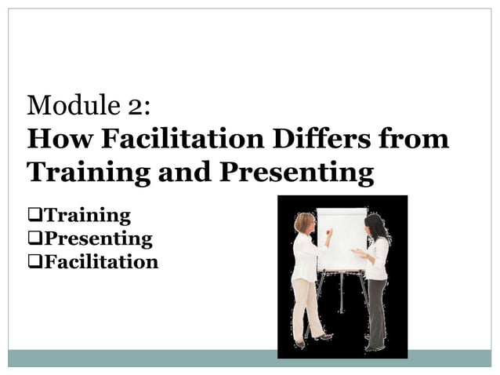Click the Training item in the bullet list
pos(86,215)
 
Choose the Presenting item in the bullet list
pos(97,238)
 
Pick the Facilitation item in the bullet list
pos(100,261)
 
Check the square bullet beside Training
pos(32,215)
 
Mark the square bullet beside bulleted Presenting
pos(32,238)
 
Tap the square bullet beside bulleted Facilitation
pos(32,261)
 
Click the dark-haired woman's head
pos(375,227)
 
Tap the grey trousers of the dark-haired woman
pos(376,310)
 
